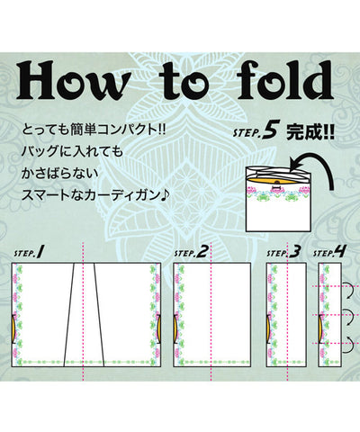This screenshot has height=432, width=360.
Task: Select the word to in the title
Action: (x=183, y=83)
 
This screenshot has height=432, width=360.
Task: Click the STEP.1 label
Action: (x=29, y=252)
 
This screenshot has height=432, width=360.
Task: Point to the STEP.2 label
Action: (x=191, y=252)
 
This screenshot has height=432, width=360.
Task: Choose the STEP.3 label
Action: (x=283, y=252)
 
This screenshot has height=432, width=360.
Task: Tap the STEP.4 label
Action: (x=329, y=252)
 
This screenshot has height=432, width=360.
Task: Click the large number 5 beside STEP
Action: (x=269, y=132)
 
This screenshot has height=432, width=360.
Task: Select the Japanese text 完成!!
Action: (x=310, y=132)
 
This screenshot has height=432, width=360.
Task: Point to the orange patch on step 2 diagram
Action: (x=175, y=328)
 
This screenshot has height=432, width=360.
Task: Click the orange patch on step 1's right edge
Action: (x=159, y=328)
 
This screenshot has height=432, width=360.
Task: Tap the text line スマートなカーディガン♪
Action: (x=95, y=195)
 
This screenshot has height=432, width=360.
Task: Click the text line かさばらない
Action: (x=60, y=174)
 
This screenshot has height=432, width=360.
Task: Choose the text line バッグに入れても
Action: (x=72, y=152)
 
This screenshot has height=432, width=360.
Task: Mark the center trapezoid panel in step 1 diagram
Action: (x=84, y=315)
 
